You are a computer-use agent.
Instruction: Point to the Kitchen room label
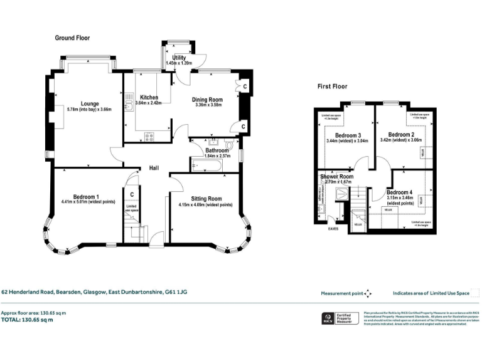(149, 97)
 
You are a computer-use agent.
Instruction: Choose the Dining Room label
(207, 99)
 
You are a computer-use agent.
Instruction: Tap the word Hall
(153, 169)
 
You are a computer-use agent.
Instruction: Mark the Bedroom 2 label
(400, 135)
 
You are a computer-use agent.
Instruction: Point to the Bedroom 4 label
(400, 192)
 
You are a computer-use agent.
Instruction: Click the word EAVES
(333, 228)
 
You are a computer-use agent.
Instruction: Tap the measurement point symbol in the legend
(368, 293)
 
